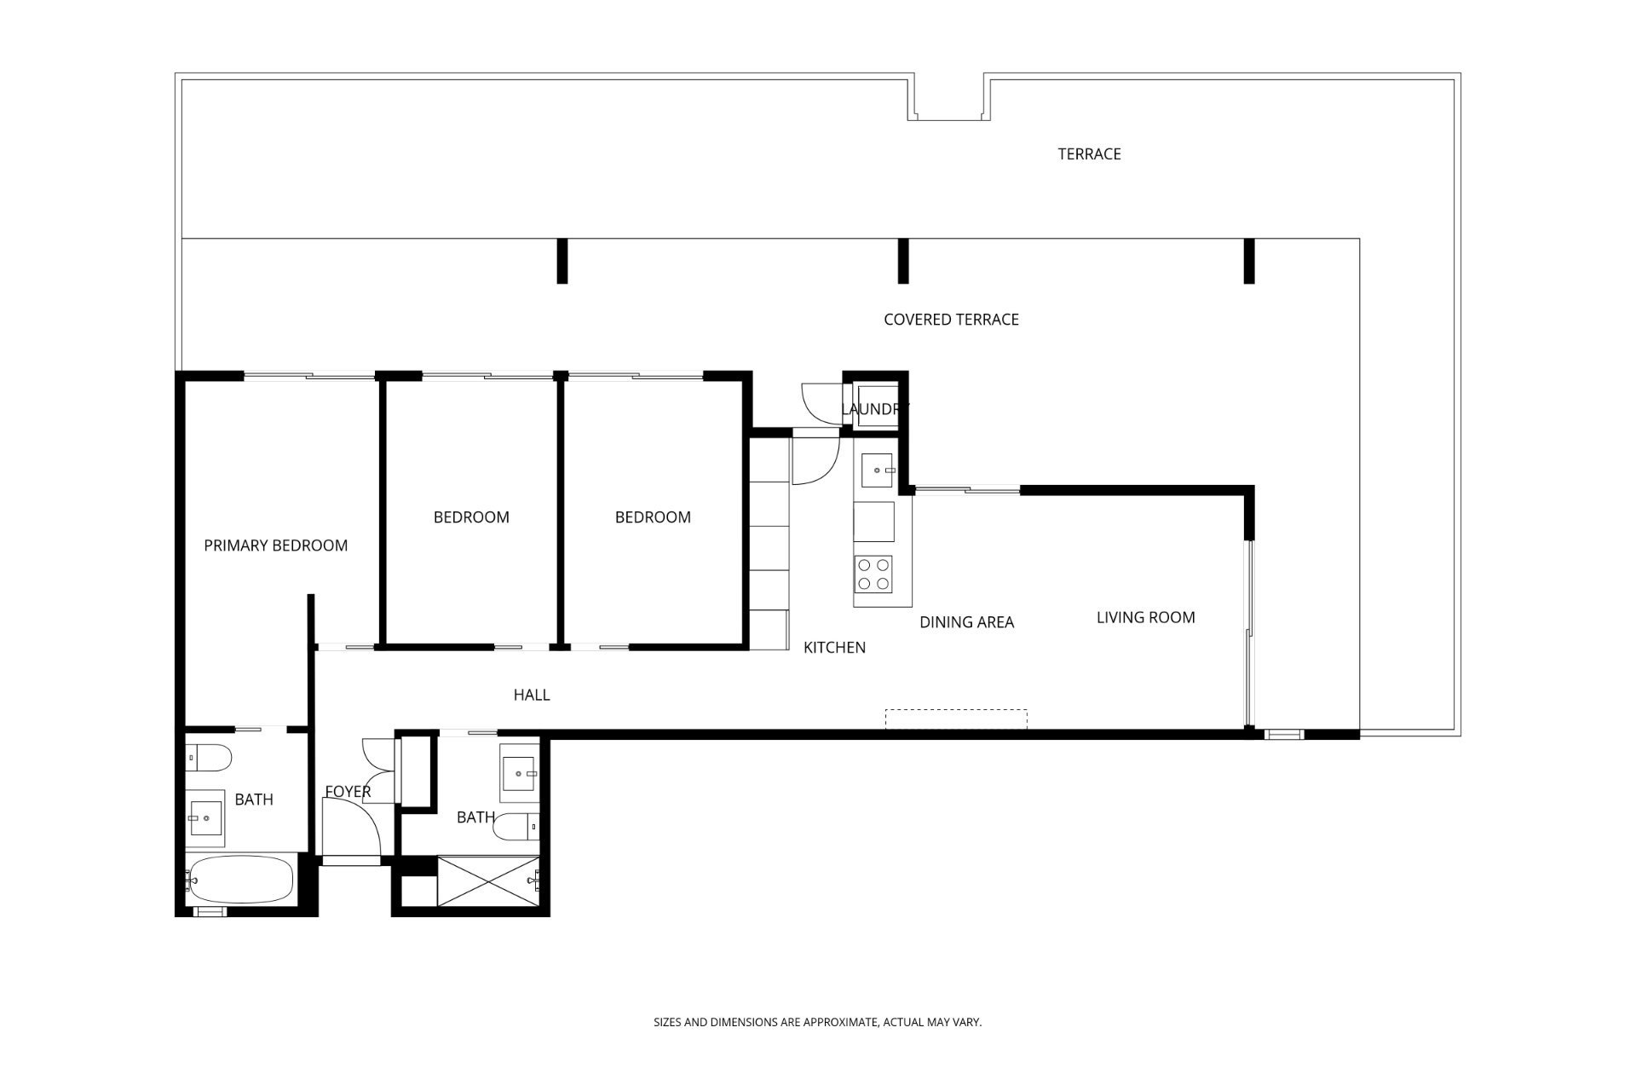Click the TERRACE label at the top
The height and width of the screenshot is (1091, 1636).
pos(1089,154)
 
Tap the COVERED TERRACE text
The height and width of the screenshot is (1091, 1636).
pos(951,320)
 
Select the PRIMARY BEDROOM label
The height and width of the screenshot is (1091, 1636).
pos(276,545)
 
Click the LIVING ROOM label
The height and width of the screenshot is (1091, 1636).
pos(1145,617)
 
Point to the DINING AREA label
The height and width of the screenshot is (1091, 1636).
pos(966,622)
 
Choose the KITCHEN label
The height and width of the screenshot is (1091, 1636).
pos(834,648)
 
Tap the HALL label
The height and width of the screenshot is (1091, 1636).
pos(532,695)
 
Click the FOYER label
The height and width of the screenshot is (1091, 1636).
pos(348,792)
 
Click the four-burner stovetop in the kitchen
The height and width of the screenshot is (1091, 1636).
pos(873,574)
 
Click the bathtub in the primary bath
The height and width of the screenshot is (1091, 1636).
pos(241,880)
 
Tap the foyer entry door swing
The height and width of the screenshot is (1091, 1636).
pos(351,828)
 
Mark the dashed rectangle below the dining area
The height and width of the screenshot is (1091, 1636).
pos(956,719)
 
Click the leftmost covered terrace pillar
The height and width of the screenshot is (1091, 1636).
pos(562,261)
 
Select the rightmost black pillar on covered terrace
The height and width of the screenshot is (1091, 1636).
pos(1249,261)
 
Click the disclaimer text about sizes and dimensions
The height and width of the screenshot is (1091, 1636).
pos(818,1022)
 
